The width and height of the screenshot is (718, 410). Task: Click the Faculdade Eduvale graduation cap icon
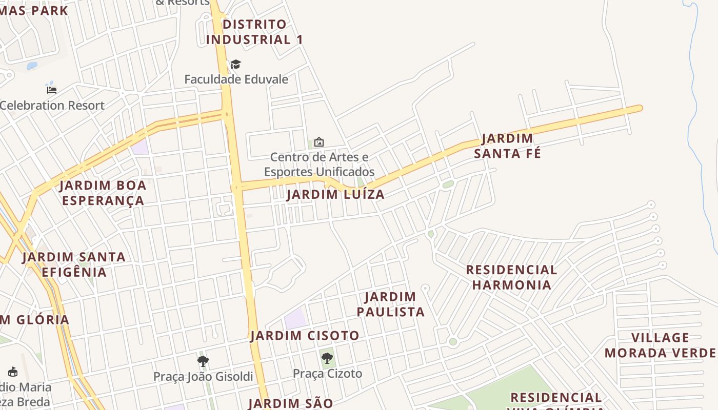(x=235, y=64)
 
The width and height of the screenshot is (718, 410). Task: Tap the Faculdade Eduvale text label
(x=236, y=79)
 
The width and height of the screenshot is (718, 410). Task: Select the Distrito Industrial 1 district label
(x=254, y=32)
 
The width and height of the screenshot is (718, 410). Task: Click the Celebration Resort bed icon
(x=52, y=90)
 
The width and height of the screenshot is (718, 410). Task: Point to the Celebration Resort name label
(x=52, y=106)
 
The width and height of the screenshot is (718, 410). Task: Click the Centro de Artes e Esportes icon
(x=318, y=141)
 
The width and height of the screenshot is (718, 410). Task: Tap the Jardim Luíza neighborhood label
(x=335, y=195)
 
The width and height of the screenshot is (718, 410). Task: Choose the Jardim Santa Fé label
(x=507, y=146)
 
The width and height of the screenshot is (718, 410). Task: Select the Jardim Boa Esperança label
(x=103, y=193)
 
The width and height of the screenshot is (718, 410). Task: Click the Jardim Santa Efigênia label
(x=74, y=264)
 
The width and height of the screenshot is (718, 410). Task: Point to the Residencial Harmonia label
(x=511, y=277)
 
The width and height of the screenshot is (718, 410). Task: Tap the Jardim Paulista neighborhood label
(x=391, y=304)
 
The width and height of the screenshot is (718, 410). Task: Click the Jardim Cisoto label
(x=305, y=336)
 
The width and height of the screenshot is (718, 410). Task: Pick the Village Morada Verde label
(x=660, y=345)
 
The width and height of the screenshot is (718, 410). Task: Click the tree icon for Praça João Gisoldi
(x=203, y=361)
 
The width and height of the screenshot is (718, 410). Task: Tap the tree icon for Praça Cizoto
(x=327, y=358)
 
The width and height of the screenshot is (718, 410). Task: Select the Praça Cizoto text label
(x=327, y=374)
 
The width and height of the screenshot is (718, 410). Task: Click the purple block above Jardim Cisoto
(x=295, y=319)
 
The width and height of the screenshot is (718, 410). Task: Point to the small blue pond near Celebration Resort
(x=32, y=66)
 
